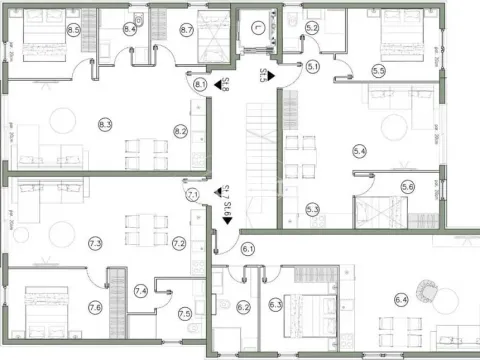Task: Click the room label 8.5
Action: tap(73, 31)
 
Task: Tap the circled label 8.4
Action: tap(130, 30)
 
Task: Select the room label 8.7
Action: tap(187, 31)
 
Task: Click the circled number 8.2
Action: tap(181, 131)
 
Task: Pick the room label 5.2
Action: tap(312, 28)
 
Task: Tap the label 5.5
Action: tap(379, 71)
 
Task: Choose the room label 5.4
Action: tap(360, 150)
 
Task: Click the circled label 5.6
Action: tap(407, 187)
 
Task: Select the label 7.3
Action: tap(96, 243)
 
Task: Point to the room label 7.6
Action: tap(95, 307)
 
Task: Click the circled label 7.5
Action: tap(185, 314)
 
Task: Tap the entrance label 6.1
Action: tap(248, 248)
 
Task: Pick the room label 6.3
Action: tap(276, 303)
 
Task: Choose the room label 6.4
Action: tap(401, 298)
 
